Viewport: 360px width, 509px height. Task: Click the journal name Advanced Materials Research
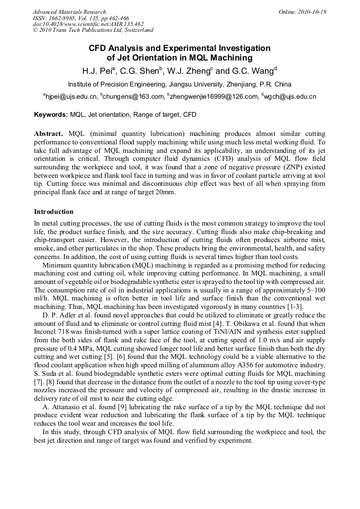pos(70,12)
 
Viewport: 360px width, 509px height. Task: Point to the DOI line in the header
pos(88,24)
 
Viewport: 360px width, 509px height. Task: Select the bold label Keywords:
pos(51,114)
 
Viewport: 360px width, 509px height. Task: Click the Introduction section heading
pos(54,211)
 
